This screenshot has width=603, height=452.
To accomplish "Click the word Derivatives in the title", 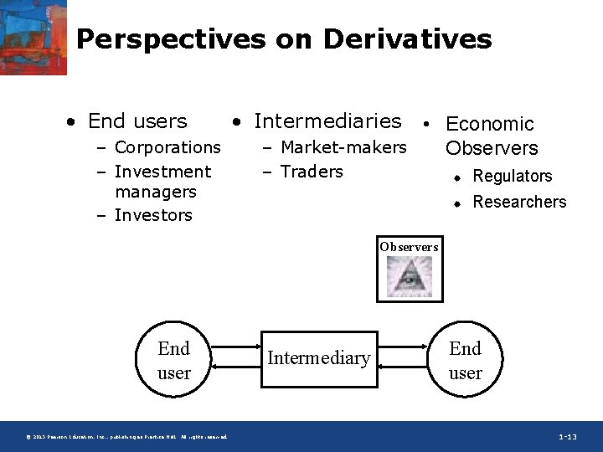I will coord(407,39).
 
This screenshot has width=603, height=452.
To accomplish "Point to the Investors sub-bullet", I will coord(153,215).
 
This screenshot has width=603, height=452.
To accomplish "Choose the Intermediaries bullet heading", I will coord(327,121).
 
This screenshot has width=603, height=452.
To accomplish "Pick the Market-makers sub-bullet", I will coord(343,147).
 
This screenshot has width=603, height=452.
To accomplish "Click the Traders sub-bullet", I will coord(312,172).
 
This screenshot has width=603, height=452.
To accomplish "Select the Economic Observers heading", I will coord(491,136).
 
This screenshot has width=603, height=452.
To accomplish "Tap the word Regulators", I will coord(513,177).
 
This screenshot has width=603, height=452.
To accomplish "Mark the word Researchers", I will coord(519,202).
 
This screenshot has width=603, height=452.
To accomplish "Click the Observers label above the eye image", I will coord(409,247).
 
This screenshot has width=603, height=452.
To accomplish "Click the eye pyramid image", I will coord(409,277).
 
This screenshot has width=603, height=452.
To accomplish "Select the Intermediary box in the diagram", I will coord(319,358).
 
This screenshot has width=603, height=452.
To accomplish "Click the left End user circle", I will coord(174,360).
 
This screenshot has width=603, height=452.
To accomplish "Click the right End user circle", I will coord(466,360).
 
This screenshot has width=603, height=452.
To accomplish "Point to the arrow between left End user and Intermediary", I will coord(236,359).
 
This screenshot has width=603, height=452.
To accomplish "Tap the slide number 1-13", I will coord(567,437).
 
